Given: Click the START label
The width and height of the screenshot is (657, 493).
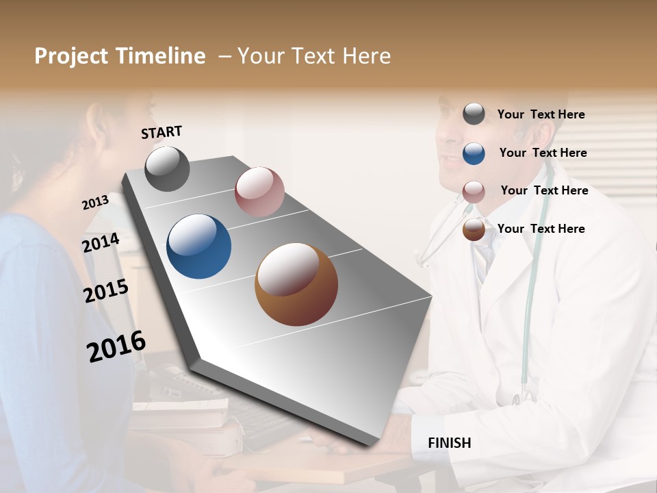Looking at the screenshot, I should point(162,132).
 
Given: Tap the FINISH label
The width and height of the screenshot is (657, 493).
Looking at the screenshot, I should point(449,443).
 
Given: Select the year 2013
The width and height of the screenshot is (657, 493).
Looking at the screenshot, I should point(95,203).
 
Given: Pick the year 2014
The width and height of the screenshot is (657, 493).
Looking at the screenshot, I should point(101,243).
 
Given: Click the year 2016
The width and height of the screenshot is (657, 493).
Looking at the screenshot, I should point(116,346).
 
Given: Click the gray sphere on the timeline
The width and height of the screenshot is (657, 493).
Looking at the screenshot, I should point(167,168).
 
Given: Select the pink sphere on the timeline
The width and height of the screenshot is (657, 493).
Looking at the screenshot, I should point(259,192).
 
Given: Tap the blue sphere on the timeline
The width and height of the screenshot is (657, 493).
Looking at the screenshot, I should point(199,246).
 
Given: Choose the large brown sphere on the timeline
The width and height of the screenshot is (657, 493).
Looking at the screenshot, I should point(296,284).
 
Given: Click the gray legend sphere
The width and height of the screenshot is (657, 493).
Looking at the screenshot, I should point(474,114).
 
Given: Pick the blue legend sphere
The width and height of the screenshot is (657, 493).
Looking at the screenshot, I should point(474,153).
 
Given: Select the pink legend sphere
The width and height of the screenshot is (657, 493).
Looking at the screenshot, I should point(474,191).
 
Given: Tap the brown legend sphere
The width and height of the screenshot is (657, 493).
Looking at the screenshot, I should point(474,229).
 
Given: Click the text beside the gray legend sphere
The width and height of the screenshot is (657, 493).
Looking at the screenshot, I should point(541,114).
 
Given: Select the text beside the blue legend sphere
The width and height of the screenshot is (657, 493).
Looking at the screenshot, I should point(543,153).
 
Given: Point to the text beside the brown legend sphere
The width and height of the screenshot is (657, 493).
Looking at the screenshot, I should point(541,229).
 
